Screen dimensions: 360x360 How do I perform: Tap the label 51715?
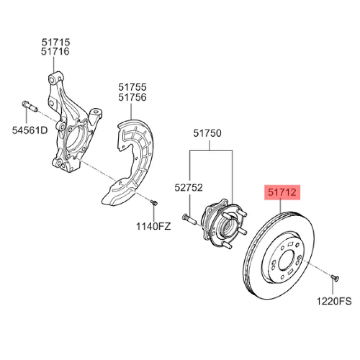pos(56,42)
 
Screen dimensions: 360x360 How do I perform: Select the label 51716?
pos(56,51)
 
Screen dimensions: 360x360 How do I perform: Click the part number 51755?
pos(132,87)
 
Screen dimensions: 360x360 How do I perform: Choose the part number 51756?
pos(132,97)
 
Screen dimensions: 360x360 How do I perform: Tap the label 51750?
pos(207,133)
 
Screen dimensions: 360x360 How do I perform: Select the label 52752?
pos(188,187)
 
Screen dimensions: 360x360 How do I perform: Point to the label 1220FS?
pos(334,301)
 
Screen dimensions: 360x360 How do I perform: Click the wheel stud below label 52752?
pos(188,218)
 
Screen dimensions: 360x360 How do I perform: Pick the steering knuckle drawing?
pos(72,124)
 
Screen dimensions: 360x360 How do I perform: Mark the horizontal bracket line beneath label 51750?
pos(211,151)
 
